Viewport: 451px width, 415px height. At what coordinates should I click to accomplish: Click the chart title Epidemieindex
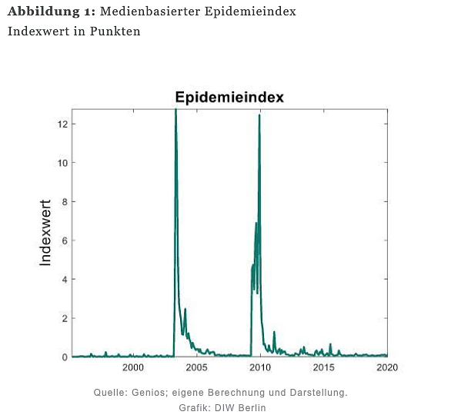click(229, 98)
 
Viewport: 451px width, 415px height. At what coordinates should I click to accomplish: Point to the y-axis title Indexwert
click(45, 233)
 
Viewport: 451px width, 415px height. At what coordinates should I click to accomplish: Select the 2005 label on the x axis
click(197, 368)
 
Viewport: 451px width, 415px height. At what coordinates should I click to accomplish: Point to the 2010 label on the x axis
click(260, 368)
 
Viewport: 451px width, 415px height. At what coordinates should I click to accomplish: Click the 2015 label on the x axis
click(323, 368)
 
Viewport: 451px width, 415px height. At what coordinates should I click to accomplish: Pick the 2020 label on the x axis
click(386, 368)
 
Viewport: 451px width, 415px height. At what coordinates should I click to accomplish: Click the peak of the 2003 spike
click(175, 110)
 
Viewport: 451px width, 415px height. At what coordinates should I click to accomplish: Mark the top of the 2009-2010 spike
click(259, 115)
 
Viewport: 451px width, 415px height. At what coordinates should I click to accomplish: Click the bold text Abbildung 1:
click(51, 13)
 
